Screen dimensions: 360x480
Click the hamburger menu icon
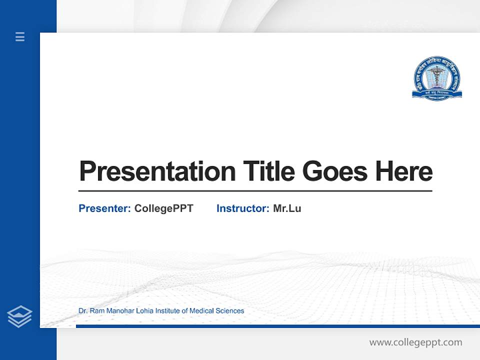(x=20, y=36)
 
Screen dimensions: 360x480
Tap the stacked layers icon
(x=19, y=316)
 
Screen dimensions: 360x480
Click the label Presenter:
(x=104, y=208)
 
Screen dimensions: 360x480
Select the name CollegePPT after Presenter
(x=163, y=208)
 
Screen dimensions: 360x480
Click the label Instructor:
(x=242, y=208)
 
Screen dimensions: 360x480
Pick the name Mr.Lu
(x=287, y=208)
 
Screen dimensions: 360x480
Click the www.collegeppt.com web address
(x=415, y=342)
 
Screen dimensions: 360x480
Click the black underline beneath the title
(x=255, y=190)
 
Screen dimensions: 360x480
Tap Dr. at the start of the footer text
(x=83, y=311)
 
